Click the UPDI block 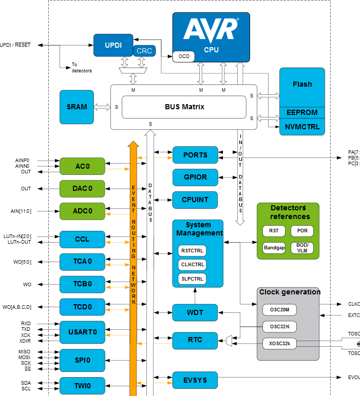[x=113, y=45]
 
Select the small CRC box [x=144, y=51]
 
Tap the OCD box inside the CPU [x=183, y=56]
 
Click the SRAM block [x=77, y=107]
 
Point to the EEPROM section [x=302, y=112]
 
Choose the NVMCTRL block [x=302, y=127]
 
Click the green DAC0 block [x=82, y=189]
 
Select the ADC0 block [x=82, y=211]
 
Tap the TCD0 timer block [x=82, y=307]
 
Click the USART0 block [x=82, y=332]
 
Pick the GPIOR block [x=195, y=177]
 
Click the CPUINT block [x=195, y=200]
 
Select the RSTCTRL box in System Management [x=193, y=251]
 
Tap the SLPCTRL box [x=193, y=279]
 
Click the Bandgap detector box [x=274, y=247]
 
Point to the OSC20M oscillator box [x=279, y=309]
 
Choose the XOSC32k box [x=279, y=343]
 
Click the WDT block [x=195, y=312]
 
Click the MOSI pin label [x=24, y=357]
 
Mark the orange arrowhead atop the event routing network [x=134, y=145]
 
